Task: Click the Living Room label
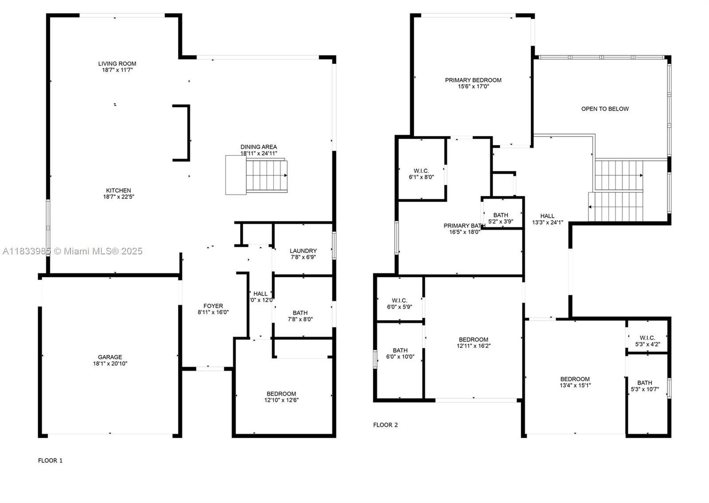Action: [117, 64]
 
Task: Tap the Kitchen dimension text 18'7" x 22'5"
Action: [118, 197]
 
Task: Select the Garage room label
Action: [110, 357]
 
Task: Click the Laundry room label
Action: [303, 251]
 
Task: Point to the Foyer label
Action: [213, 306]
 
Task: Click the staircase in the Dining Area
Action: [266, 176]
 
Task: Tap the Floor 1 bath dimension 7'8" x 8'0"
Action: [300, 319]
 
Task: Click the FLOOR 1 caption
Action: [50, 460]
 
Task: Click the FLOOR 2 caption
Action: [385, 425]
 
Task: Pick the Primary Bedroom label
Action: [473, 80]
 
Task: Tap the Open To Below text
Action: [605, 109]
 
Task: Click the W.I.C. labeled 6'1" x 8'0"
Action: [421, 174]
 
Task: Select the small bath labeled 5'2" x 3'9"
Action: [501, 218]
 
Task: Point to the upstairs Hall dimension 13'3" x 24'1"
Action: [547, 222]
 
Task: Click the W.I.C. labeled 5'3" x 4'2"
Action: [647, 341]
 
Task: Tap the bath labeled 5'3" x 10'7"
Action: [645, 386]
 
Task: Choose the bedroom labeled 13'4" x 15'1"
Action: [575, 382]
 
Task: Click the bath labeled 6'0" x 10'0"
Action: [400, 353]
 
